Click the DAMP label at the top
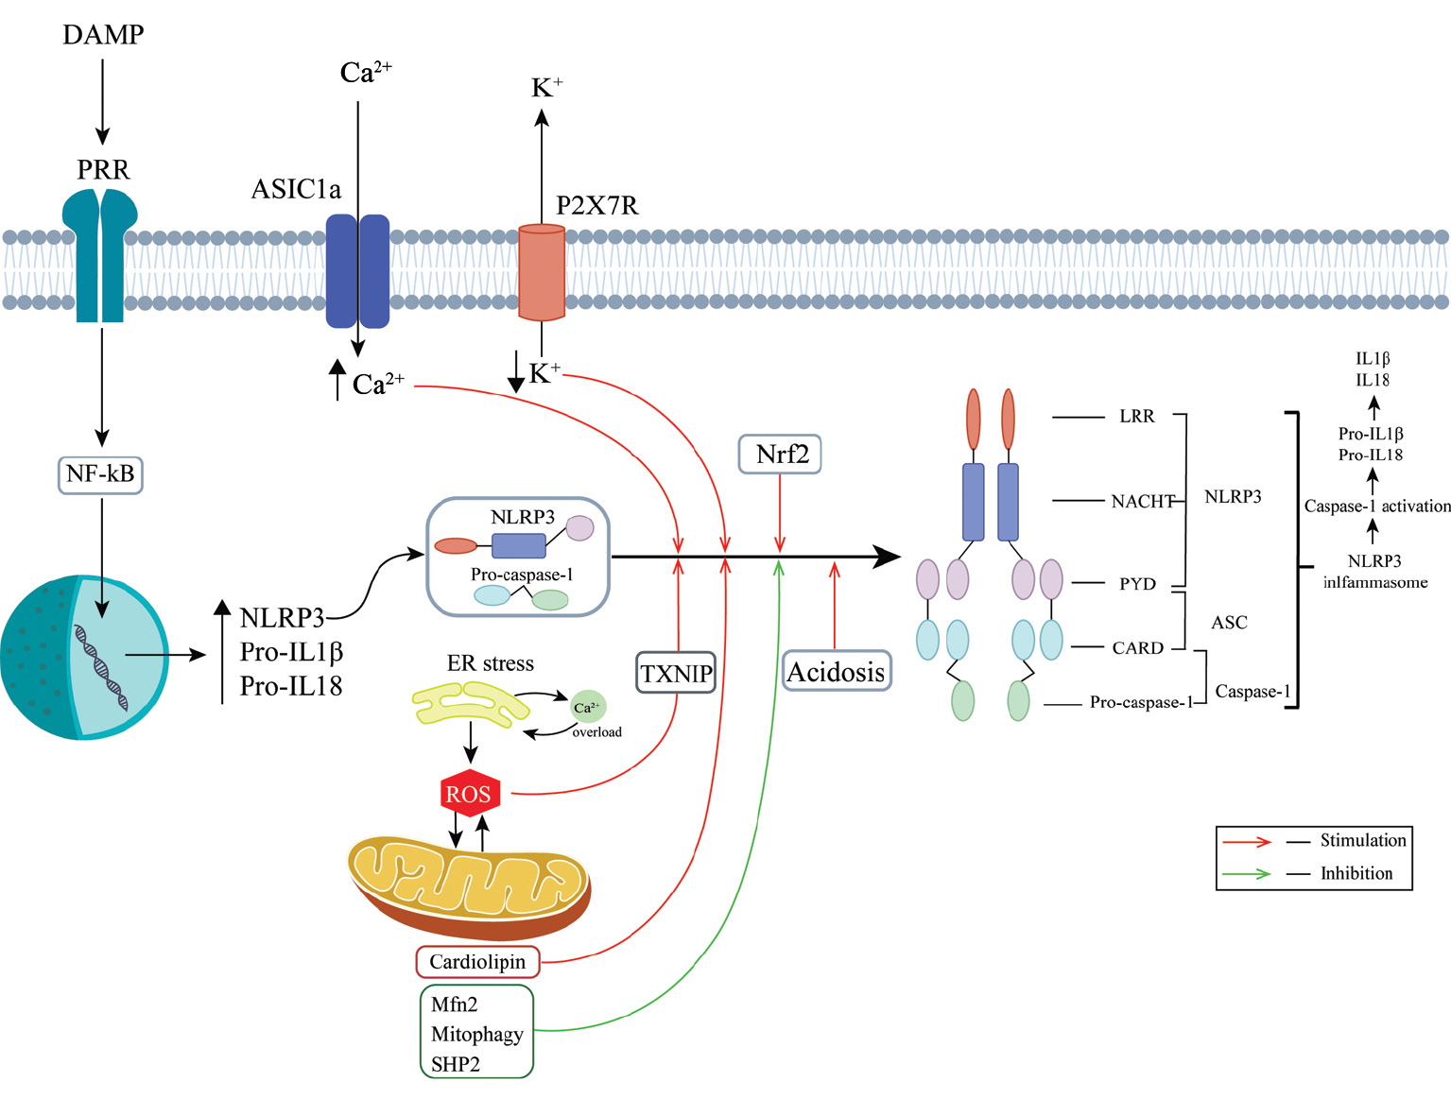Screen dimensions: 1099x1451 click(103, 35)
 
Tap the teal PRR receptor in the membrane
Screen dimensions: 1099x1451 click(100, 255)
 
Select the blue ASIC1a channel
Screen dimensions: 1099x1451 click(357, 270)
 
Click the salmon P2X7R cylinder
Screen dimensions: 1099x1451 click(542, 272)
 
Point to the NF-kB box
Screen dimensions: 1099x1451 click(100, 473)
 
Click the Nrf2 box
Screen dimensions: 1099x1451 click(780, 455)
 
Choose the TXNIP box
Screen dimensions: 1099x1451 click(677, 673)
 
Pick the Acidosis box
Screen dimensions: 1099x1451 click(837, 671)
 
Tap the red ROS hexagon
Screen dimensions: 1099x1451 click(470, 794)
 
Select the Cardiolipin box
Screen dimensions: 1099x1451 click(477, 962)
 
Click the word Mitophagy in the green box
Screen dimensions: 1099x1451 click(476, 1034)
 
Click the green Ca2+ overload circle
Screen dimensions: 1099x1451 click(588, 707)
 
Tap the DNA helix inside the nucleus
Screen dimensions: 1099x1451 click(102, 666)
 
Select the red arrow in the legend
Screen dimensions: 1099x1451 click(1246, 841)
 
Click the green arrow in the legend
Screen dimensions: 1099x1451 click(1246, 874)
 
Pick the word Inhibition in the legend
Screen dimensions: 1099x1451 click(1356, 873)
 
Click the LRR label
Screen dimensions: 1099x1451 click(1136, 417)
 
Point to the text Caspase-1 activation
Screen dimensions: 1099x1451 click(1376, 507)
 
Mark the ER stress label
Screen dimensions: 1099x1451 click(490, 663)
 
